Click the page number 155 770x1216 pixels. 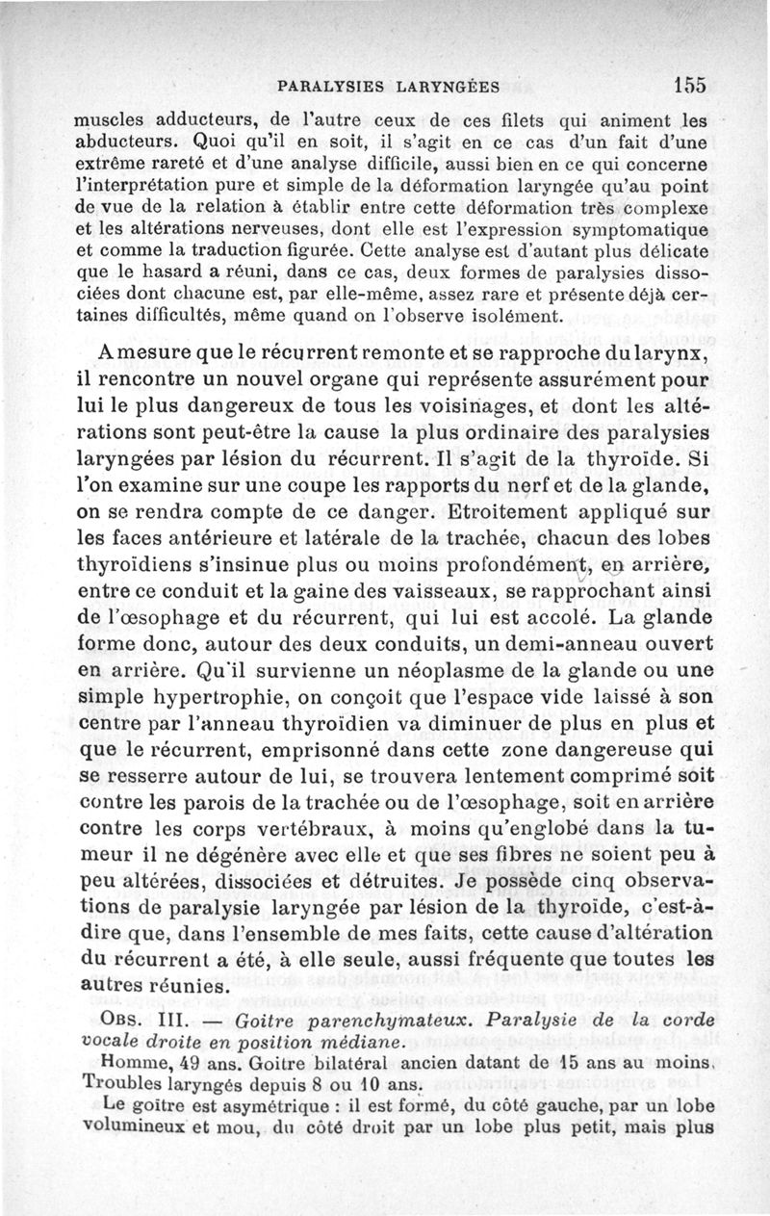coord(690,85)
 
